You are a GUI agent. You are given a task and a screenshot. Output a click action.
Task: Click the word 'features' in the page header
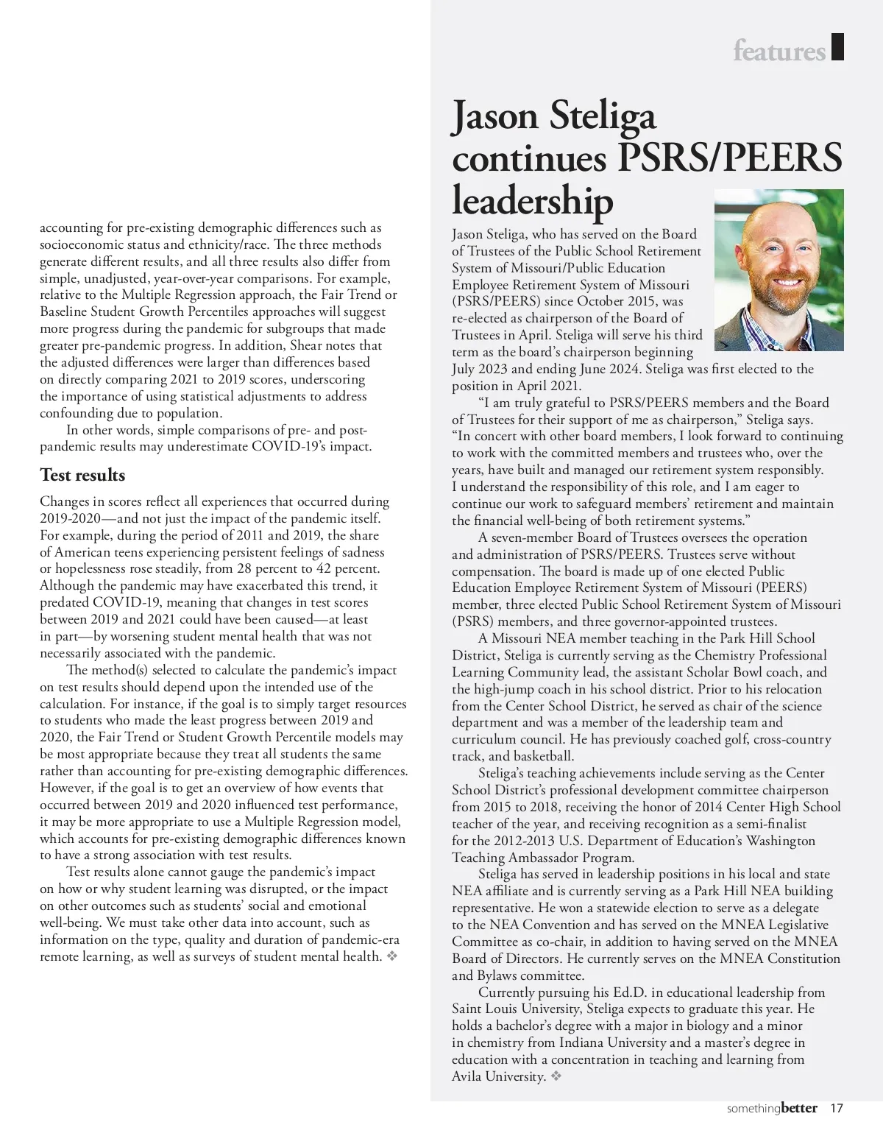coord(779,51)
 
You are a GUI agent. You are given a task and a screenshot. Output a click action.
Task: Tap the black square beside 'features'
coord(837,46)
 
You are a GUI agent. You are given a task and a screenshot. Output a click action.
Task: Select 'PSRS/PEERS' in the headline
coord(730,158)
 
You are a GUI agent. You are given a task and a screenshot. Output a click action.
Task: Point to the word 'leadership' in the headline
coord(532,200)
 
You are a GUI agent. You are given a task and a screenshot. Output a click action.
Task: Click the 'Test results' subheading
coord(82,475)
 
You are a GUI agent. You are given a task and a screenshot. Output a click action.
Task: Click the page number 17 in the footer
coord(836,1108)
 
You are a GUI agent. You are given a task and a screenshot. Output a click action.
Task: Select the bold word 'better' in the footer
coord(798,1108)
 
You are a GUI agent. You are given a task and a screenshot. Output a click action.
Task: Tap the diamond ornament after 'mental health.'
coord(391,956)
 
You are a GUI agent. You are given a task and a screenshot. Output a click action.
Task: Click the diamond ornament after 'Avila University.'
coord(556,1076)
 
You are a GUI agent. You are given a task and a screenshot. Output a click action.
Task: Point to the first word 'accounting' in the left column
coord(71,227)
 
